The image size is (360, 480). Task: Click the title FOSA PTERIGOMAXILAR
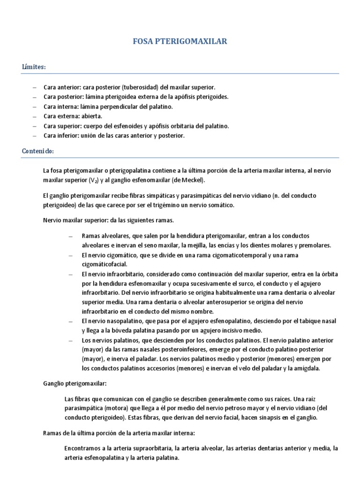(180, 42)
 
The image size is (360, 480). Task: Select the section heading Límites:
(34, 67)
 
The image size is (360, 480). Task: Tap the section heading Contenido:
(38, 151)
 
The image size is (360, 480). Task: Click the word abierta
(91, 116)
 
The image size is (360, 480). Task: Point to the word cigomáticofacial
(105, 264)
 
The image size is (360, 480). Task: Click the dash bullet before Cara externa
(35, 116)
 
